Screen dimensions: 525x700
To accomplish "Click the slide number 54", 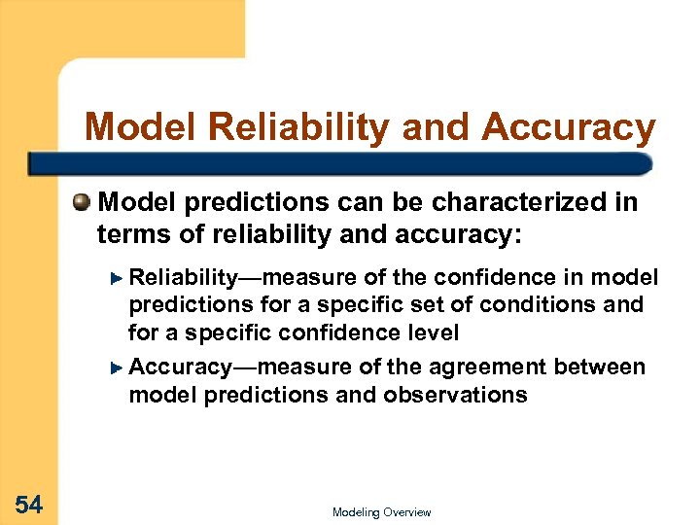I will click(28, 504).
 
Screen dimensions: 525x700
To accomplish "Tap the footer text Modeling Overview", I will click(381, 512).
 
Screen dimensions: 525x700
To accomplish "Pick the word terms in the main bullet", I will click(129, 234).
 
